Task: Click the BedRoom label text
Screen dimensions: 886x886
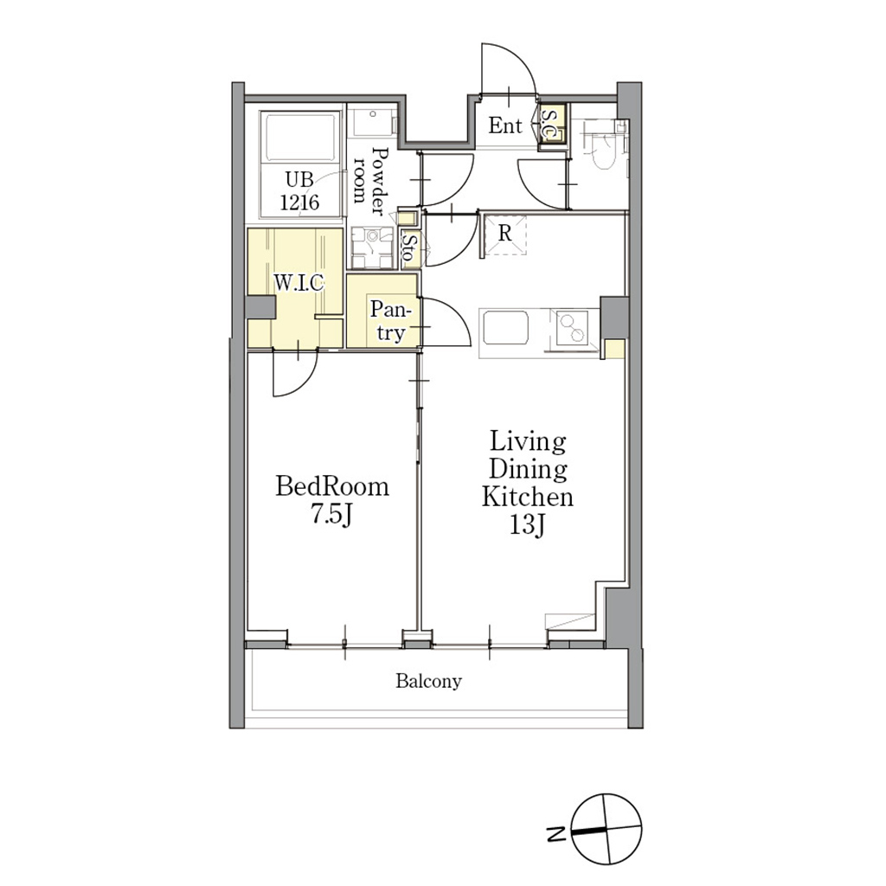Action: point(332,486)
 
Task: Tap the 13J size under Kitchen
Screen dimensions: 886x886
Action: point(527,525)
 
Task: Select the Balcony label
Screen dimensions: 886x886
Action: point(428,682)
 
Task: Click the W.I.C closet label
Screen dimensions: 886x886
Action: point(299,282)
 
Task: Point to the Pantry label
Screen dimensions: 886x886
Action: point(390,321)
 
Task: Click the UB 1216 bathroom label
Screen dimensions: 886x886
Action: point(299,191)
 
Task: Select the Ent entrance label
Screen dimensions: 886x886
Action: point(505,125)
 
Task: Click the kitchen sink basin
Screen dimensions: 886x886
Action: point(504,328)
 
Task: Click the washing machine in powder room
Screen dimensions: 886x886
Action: point(372,247)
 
